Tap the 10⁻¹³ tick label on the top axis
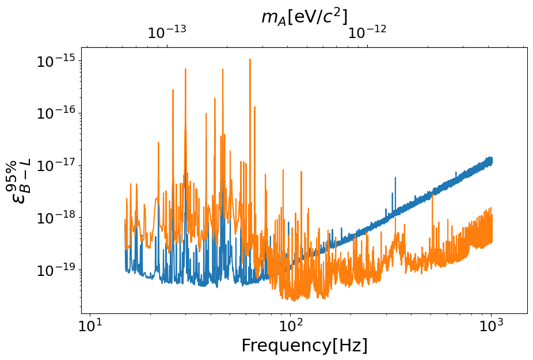(167, 33)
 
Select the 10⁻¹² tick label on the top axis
(367, 33)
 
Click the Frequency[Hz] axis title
(304, 346)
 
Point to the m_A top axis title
(304, 17)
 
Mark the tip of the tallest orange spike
(250, 59)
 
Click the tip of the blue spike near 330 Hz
(395, 178)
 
